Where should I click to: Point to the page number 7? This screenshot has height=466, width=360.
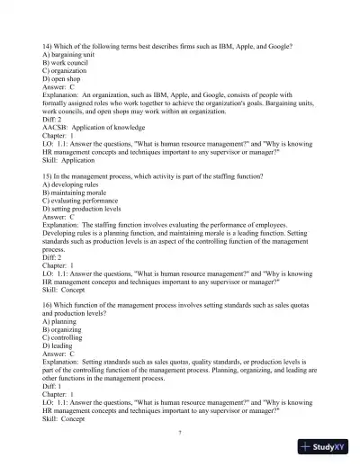point(180,431)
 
